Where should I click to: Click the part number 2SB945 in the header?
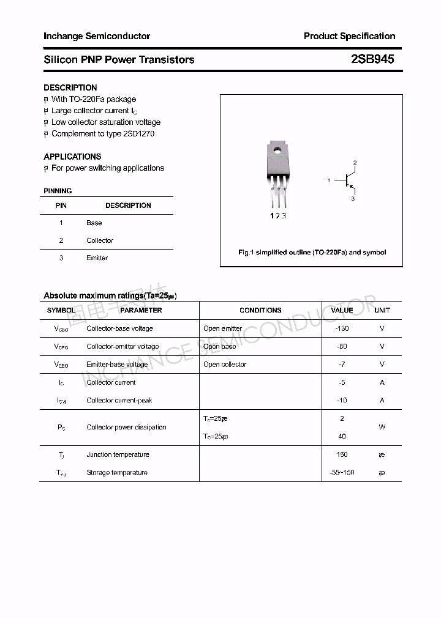click(372, 59)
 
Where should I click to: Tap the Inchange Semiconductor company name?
click(97, 36)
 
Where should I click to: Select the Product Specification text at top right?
click(349, 36)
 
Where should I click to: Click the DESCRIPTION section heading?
click(70, 87)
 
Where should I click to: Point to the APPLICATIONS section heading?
click(72, 157)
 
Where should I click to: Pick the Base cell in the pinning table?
click(94, 223)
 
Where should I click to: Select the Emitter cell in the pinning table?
click(97, 258)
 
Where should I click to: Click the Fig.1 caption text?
click(312, 252)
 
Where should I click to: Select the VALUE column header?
click(342, 310)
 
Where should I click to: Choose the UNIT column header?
click(382, 310)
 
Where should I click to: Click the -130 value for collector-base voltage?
click(342, 328)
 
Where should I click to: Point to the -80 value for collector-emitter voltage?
click(342, 346)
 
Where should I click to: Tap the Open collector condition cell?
click(225, 365)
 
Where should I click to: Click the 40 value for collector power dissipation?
click(342, 436)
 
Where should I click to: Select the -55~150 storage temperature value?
click(342, 472)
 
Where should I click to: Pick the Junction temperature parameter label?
click(118, 454)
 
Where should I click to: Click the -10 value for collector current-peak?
click(342, 400)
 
